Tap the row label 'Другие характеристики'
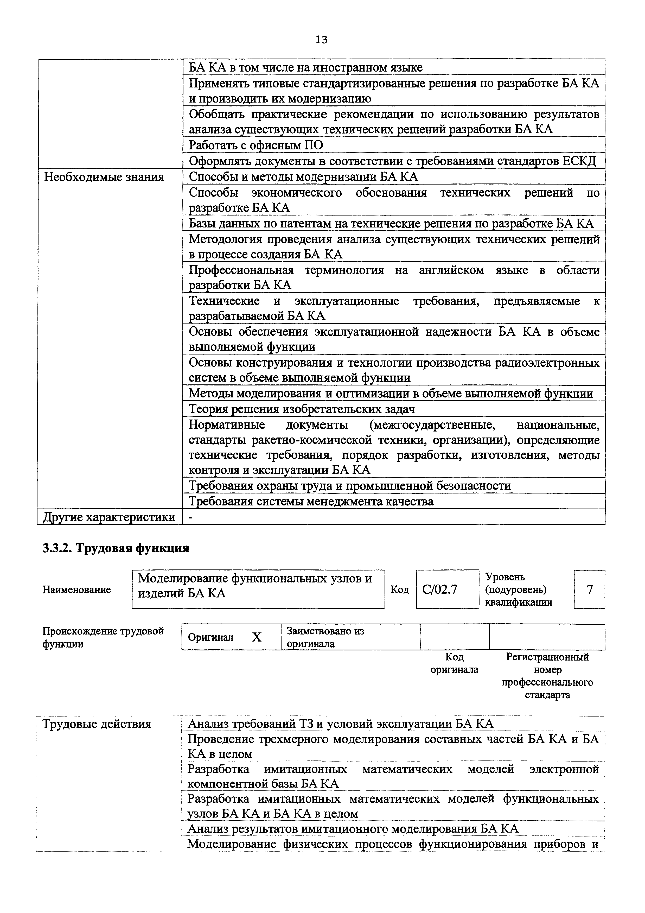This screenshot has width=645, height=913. pos(109,517)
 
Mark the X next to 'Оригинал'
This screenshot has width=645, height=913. pos(257,637)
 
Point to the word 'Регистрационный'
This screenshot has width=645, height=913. pos(547,657)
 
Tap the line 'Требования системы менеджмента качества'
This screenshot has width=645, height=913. pos(311,502)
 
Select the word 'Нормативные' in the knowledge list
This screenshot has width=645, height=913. pos(227,425)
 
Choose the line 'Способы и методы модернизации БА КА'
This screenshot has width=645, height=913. pos(303,176)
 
